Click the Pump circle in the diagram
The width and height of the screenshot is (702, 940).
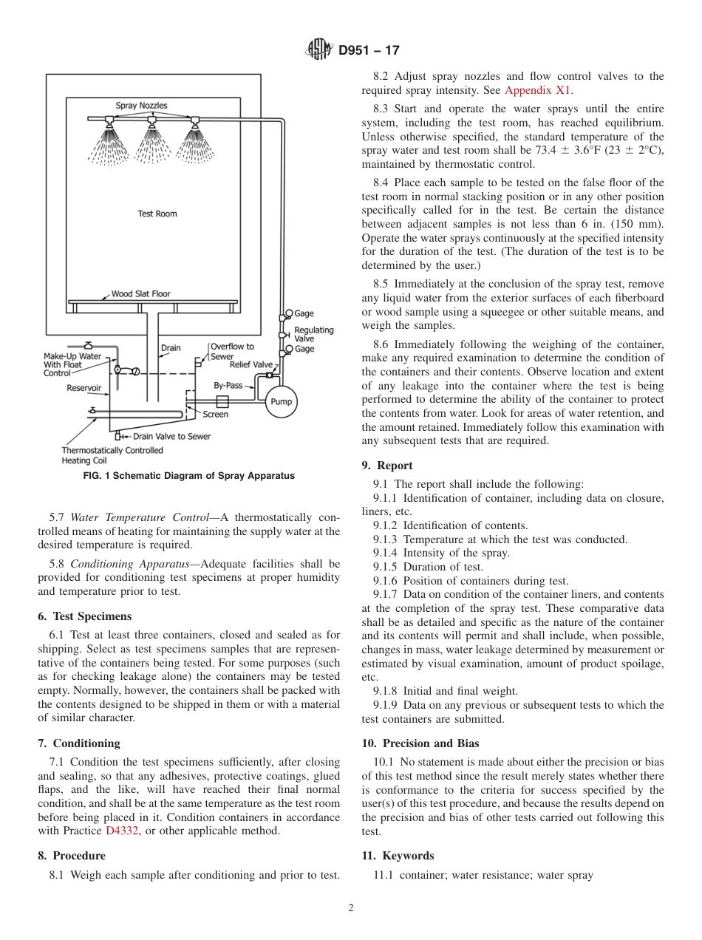point(281,402)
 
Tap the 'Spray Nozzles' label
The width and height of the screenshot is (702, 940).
point(141,106)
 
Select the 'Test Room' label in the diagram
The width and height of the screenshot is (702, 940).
point(157,214)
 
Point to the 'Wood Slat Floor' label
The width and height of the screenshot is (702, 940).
point(140,293)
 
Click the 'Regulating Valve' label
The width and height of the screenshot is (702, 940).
point(314,334)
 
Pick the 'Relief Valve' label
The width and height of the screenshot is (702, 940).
point(251,364)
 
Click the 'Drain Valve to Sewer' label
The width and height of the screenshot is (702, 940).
point(171,436)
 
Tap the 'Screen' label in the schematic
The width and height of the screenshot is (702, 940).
point(215,415)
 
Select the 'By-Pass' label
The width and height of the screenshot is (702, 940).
point(228,385)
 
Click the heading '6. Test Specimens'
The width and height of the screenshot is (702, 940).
point(84,616)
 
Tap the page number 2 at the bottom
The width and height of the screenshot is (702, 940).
point(351,908)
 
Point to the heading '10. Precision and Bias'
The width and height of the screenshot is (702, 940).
point(420,743)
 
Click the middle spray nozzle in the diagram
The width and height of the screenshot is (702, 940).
point(151,120)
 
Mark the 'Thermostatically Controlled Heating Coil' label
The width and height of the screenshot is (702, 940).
point(112,455)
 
